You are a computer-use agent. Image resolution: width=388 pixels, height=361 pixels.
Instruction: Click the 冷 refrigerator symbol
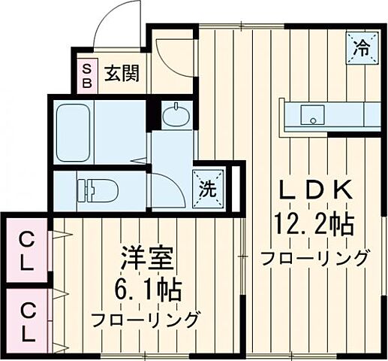pos(362,49)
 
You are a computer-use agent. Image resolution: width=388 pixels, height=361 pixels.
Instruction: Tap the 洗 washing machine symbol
pos(206,185)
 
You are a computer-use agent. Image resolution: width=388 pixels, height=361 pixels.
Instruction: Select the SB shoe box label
pos(86,75)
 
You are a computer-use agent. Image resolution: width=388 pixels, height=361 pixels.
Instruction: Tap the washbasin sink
pos(177,117)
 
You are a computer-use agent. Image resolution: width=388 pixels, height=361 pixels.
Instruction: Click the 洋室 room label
pos(148,259)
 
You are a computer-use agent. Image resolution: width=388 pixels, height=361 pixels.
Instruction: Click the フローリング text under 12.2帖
pos(314,258)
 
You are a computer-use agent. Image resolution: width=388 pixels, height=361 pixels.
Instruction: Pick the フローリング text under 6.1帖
pos(146,319)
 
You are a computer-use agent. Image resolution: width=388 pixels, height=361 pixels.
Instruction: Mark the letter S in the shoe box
pos(86,68)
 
